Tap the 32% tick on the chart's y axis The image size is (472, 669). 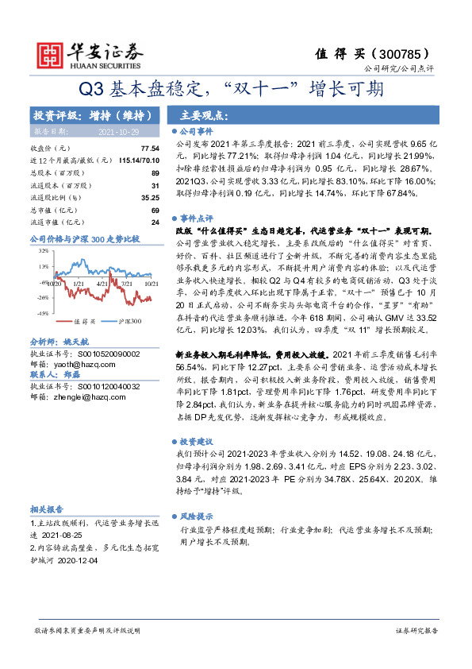40,251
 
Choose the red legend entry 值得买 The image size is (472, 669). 84,321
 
